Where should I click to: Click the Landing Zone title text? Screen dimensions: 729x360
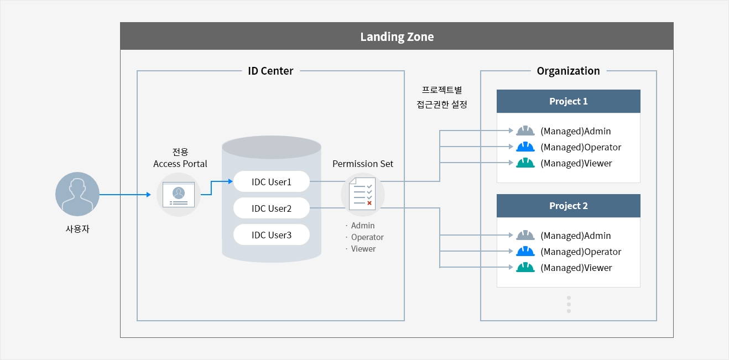[x=397, y=37]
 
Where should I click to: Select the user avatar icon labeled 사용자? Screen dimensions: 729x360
[x=77, y=194]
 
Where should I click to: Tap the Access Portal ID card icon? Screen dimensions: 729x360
[x=179, y=195]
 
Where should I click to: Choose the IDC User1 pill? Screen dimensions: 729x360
[x=272, y=181]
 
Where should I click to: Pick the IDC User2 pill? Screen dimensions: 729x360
[x=272, y=208]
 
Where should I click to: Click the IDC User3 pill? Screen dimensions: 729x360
[x=272, y=234]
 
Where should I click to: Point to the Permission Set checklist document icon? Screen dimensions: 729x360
[x=362, y=194]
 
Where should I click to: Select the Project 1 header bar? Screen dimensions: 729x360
[x=568, y=101]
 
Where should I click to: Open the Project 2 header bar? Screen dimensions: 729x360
[x=568, y=206]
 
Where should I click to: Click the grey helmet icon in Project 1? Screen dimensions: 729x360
[x=525, y=131]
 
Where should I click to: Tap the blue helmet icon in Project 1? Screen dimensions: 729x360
[x=525, y=147]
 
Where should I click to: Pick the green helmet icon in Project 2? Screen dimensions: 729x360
[x=525, y=268]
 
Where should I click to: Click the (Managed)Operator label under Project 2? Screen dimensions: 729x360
[x=581, y=252]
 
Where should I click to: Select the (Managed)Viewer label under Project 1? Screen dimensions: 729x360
[x=576, y=163]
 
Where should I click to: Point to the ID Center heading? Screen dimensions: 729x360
[x=270, y=71]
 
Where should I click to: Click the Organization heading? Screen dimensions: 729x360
[x=568, y=71]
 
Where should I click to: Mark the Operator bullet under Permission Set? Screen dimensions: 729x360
[x=365, y=237]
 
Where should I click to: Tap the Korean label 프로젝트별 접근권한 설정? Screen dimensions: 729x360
[x=441, y=97]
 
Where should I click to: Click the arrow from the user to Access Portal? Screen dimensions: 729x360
[x=126, y=195]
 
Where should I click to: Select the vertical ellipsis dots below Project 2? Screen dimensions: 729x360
[x=569, y=304]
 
